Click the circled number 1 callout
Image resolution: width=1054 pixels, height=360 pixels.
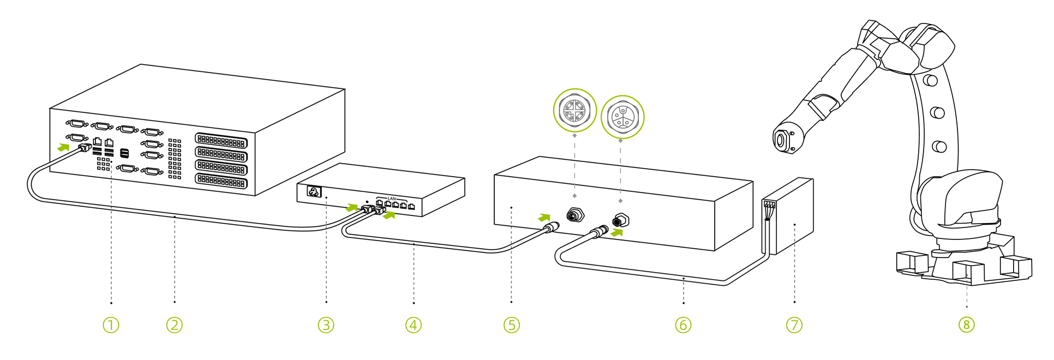coord(111,325)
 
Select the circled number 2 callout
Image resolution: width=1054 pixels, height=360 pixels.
coord(174,325)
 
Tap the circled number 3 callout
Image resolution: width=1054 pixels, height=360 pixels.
coord(326,325)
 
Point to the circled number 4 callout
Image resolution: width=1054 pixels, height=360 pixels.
coord(414,325)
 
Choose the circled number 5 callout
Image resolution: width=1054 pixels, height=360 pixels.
coord(511,325)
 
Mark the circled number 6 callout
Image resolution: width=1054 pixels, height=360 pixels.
coord(683,325)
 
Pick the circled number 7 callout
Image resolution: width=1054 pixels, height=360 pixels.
coord(794,325)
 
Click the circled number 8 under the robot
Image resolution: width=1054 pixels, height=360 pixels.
coord(966,325)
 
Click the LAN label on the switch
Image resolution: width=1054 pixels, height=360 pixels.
coord(392,199)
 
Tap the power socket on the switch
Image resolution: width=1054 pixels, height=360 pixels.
coord(314,191)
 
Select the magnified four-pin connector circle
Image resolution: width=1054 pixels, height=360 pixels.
coord(575,110)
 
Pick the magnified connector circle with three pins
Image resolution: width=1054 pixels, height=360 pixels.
coord(622,117)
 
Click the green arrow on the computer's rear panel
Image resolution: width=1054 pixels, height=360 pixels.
coord(64,147)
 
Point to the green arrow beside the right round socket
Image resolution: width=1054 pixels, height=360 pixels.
coord(616,232)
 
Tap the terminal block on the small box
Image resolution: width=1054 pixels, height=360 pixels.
coord(769,205)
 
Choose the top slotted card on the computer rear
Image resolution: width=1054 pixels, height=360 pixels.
coord(221,141)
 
